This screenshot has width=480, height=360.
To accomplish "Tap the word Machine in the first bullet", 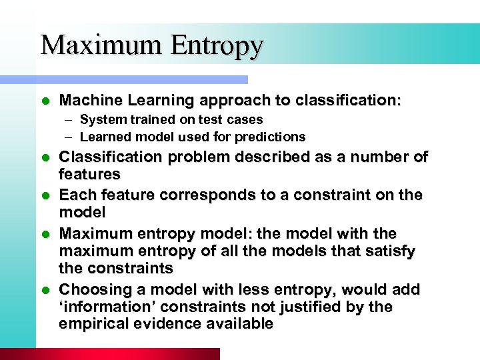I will (x=85, y=101).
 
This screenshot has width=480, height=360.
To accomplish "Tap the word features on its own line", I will (x=90, y=175).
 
